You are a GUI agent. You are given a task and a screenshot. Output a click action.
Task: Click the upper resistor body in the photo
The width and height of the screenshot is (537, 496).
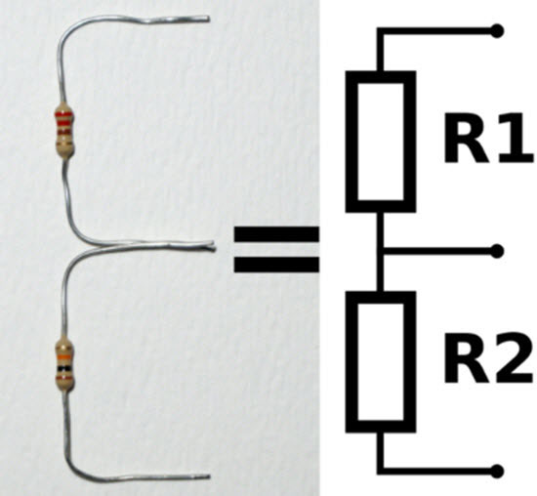pyautogui.click(x=64, y=131)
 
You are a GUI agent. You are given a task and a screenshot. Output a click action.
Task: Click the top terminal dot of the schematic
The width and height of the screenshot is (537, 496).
pyautogui.click(x=498, y=31)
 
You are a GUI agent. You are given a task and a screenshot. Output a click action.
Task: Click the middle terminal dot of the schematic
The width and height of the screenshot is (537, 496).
pyautogui.click(x=498, y=251)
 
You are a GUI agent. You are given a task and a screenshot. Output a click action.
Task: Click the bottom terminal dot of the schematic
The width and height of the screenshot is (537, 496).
pyautogui.click(x=498, y=471)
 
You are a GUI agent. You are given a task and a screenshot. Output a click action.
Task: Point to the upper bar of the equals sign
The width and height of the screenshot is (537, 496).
pyautogui.click(x=276, y=235)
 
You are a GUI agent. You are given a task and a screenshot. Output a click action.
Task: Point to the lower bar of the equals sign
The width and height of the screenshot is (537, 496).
pyautogui.click(x=276, y=264)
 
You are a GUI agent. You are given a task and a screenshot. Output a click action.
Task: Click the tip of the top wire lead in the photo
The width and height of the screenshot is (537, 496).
pyautogui.click(x=207, y=19)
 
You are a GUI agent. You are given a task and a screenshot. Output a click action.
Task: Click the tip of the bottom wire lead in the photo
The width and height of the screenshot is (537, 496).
pyautogui.click(x=208, y=477)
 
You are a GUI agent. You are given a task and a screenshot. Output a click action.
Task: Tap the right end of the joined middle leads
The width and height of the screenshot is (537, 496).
pyautogui.click(x=212, y=247)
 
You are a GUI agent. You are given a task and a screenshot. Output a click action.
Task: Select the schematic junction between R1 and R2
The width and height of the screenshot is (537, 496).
pyautogui.click(x=381, y=251)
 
